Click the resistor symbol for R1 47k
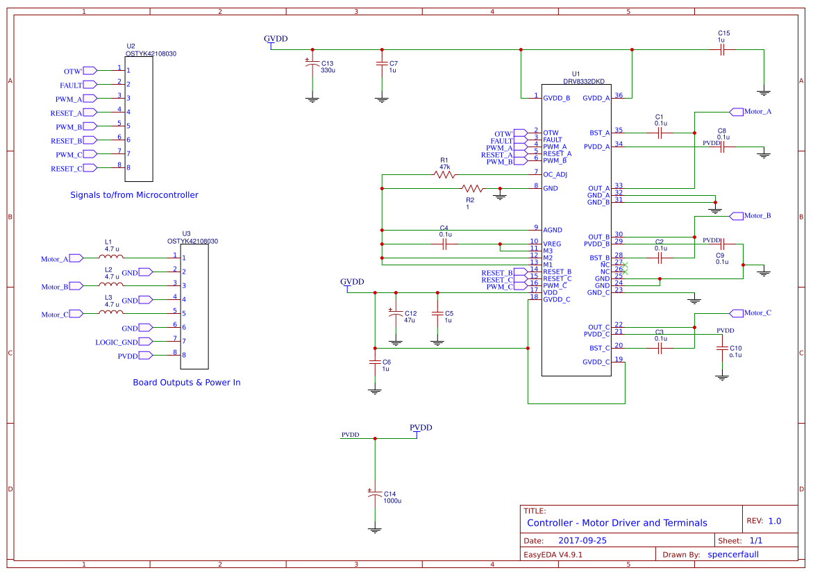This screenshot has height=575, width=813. (x=444, y=174)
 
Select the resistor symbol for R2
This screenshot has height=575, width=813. (x=472, y=188)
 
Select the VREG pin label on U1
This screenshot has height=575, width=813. (x=553, y=244)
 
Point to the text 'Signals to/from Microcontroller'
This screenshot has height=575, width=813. (x=134, y=195)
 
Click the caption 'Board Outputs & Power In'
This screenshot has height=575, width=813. (x=186, y=383)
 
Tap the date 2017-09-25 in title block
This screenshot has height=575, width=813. (x=582, y=540)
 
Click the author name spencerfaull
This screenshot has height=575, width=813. (x=732, y=554)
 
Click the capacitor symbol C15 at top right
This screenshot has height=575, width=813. (x=722, y=50)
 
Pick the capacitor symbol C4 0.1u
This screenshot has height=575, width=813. (x=444, y=244)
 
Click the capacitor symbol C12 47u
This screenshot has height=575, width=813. (x=396, y=314)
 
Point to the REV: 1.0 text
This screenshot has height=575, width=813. (x=763, y=521)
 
